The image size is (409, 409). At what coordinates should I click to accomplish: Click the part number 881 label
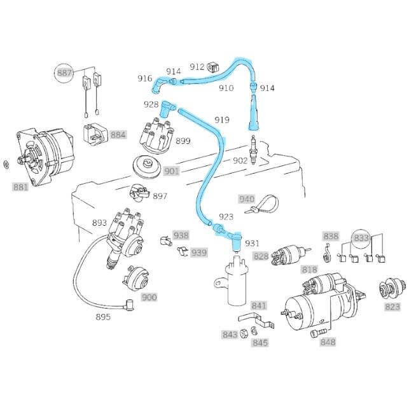(20, 187)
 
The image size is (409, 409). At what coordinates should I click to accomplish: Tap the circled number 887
(64, 74)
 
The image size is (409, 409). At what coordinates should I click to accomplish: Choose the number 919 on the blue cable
(221, 120)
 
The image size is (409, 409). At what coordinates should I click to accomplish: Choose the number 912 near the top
(197, 67)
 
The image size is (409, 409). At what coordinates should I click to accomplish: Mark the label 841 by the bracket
(259, 306)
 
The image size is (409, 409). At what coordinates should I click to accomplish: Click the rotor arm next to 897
(138, 191)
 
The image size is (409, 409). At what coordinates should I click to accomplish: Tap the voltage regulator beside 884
(95, 134)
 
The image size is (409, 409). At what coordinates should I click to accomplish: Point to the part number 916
(145, 78)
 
